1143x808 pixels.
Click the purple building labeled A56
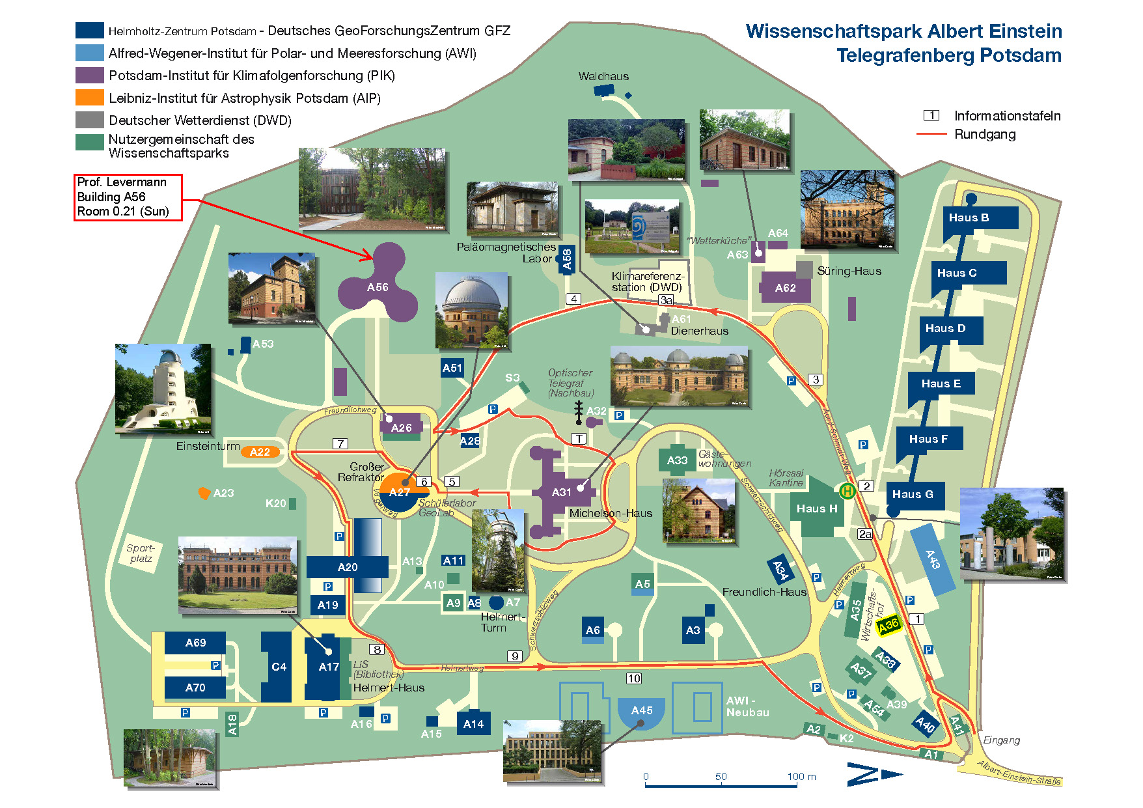point(378,286)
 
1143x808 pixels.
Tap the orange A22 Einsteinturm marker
point(260,452)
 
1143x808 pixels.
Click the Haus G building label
point(913,495)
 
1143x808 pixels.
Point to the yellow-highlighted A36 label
point(888,625)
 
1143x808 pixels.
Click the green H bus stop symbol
point(847,491)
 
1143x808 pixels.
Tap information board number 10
point(634,678)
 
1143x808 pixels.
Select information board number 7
point(340,443)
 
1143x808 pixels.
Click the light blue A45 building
point(641,712)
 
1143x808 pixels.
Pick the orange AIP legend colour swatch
point(90,98)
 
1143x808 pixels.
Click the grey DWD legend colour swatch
point(90,120)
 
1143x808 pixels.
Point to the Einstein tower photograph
point(163,389)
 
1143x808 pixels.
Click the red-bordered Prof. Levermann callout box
point(128,197)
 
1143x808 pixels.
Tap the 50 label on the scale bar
point(721,777)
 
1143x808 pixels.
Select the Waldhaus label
point(603,76)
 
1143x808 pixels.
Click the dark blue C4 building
point(278,667)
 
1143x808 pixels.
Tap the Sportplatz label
point(141,553)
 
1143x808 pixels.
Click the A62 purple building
point(786,288)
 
